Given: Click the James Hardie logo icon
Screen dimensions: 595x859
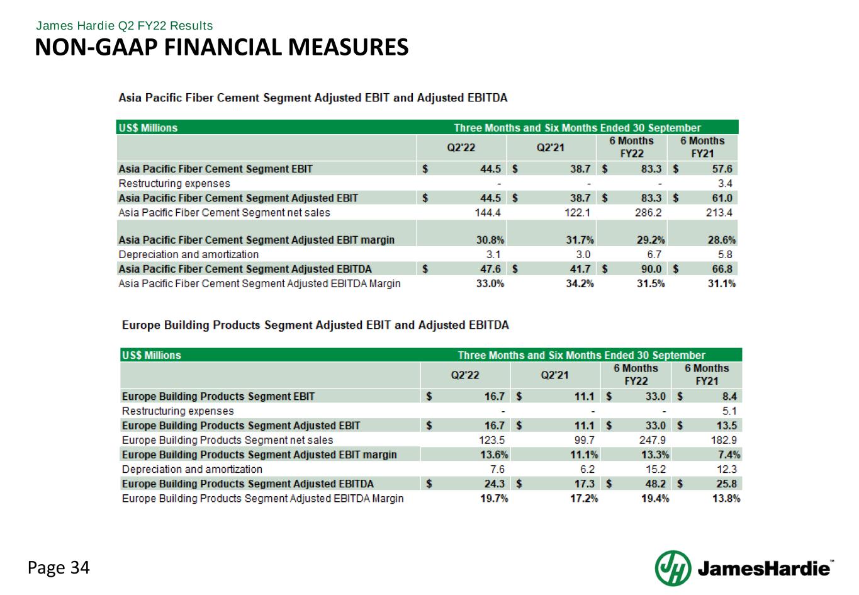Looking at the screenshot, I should [673, 568].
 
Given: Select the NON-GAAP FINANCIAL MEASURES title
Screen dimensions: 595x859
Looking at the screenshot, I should [222, 47].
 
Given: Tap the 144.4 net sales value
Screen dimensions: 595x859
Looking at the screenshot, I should [488, 213].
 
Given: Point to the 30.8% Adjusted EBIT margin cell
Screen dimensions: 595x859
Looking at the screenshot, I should [490, 240].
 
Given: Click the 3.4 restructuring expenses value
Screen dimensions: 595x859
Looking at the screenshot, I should [725, 184].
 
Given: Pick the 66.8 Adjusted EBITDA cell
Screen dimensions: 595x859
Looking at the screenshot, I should [721, 269].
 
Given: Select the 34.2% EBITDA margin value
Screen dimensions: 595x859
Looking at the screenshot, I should [580, 283].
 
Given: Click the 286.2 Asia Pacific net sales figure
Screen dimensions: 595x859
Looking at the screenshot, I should [648, 213].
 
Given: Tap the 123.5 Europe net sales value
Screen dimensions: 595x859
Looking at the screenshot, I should [491, 440].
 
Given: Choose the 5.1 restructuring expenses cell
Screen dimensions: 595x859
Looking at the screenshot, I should [729, 411].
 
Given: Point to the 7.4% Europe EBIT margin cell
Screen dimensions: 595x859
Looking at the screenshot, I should [729, 455].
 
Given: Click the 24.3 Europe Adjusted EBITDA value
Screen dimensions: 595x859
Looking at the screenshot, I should [494, 484].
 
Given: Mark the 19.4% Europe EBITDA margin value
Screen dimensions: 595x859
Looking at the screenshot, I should [655, 499].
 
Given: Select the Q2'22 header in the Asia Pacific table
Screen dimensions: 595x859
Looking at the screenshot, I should [461, 147].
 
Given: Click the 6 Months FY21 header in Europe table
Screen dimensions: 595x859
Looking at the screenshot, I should [707, 375].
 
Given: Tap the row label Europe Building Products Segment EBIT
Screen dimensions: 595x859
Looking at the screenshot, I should [218, 397].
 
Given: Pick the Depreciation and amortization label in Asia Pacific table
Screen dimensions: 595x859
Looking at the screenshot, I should [189, 254].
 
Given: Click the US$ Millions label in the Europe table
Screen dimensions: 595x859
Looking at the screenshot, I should [152, 355].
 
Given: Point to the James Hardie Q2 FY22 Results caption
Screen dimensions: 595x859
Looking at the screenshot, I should [125, 26].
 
